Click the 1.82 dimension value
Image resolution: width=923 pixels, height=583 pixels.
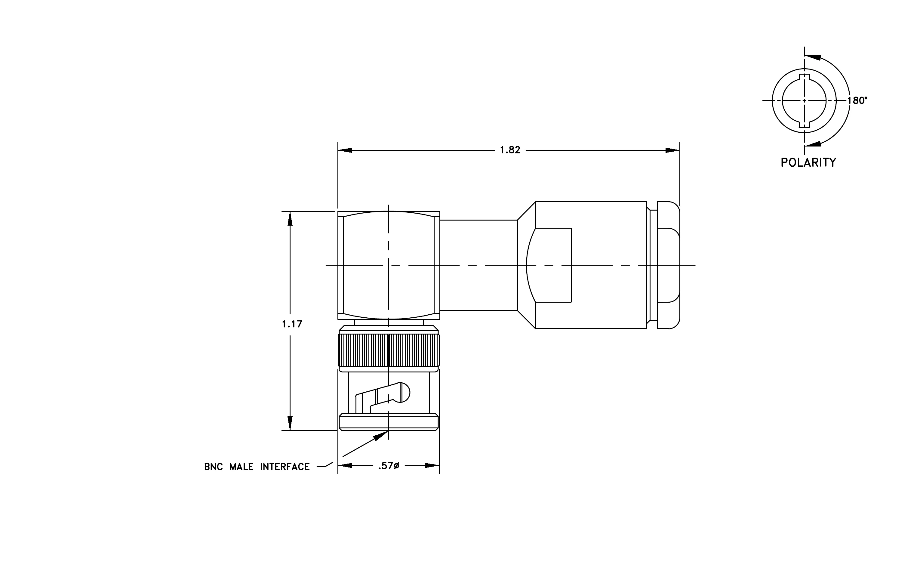click(x=510, y=150)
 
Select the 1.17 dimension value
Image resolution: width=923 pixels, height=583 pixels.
click(x=292, y=324)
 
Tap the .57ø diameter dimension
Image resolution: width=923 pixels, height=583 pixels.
click(x=389, y=466)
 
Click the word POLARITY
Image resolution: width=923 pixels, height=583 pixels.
click(x=808, y=162)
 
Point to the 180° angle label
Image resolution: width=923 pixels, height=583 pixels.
click(x=857, y=100)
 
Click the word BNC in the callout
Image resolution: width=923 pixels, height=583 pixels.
click(x=214, y=467)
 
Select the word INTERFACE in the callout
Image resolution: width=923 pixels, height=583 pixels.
click(x=285, y=467)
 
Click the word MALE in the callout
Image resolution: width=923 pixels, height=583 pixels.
click(x=242, y=467)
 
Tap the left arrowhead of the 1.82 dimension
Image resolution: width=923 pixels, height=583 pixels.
click(x=345, y=150)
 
